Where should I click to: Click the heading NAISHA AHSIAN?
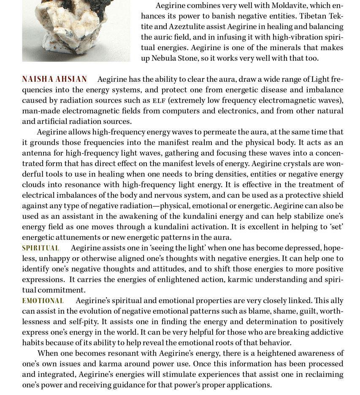pyautogui.click(x=54, y=79)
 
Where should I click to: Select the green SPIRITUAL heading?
pyautogui.click(x=41, y=248)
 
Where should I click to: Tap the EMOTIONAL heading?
pyautogui.click(x=43, y=301)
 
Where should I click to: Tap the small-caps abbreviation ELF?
pyautogui.click(x=159, y=101)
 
